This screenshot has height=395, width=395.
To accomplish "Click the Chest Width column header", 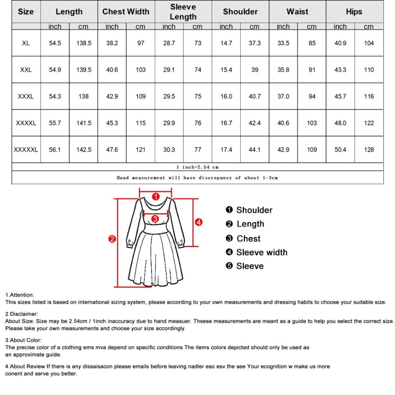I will coord(126,12).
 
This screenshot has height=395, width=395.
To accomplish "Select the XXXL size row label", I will coord(26,96).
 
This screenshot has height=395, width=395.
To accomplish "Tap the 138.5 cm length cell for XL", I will coord(84,43).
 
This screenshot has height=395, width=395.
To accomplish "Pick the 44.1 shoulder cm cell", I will coord(254,150).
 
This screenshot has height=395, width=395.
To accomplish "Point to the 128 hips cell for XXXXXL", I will coord(369,150).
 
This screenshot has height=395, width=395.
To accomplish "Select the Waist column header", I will coord(297,12).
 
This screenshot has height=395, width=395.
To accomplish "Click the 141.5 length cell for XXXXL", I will coord(84,123).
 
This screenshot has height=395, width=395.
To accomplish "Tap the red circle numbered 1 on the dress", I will coord(155,196).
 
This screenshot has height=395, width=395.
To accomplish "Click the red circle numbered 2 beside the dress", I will coord(112,239).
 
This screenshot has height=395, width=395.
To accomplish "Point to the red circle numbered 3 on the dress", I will coord(155,219).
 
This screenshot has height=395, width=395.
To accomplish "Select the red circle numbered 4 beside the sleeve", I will coord(199,222).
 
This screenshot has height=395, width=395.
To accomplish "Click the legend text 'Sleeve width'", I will coord(261,252).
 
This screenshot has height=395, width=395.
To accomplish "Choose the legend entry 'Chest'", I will coord(248,239).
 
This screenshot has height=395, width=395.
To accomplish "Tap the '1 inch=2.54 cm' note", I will coord(197,167).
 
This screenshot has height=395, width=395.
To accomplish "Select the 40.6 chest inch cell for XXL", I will coord(112,70).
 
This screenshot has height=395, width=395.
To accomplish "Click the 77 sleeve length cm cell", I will coord(197,150).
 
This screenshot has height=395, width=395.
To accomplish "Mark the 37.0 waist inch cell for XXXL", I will coord(283,96).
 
